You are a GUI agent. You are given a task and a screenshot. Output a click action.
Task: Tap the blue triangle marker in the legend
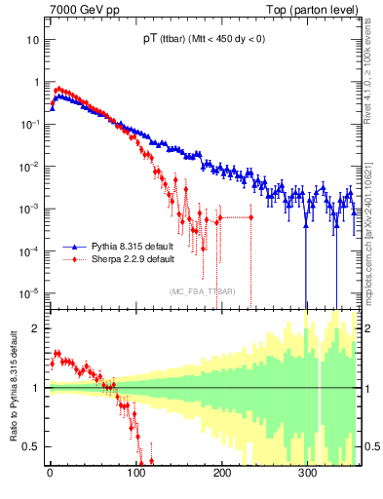(71, 248)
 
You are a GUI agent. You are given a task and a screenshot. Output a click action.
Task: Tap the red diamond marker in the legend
(71, 260)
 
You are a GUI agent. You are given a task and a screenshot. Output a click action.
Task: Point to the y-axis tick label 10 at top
(32, 41)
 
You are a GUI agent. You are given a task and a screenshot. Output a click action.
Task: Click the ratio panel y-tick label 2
(36, 328)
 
